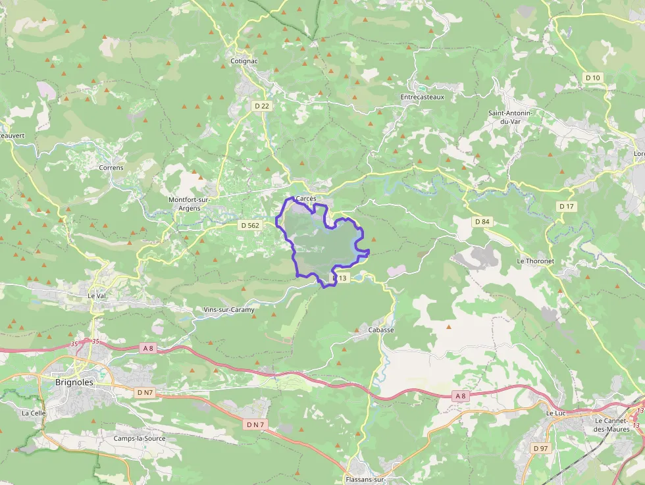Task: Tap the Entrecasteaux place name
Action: pyautogui.click(x=423, y=97)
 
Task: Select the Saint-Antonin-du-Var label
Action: pyautogui.click(x=510, y=117)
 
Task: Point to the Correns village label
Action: pyautogui.click(x=111, y=168)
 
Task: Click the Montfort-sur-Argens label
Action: pyautogui.click(x=189, y=204)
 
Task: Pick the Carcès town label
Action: pyautogui.click(x=307, y=198)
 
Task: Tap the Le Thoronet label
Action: pyautogui.click(x=535, y=261)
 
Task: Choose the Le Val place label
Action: pyautogui.click(x=96, y=296)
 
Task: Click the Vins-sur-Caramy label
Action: pyautogui.click(x=229, y=309)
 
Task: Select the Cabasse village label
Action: pyautogui.click(x=381, y=330)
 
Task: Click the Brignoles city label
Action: pyautogui.click(x=74, y=382)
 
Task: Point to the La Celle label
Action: pyautogui.click(x=33, y=413)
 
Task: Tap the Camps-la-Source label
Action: pyautogui.click(x=140, y=438)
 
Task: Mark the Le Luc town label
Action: pyautogui.click(x=556, y=413)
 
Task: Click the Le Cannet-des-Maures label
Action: pyautogui.click(x=612, y=424)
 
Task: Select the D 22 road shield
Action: pyautogui.click(x=262, y=106)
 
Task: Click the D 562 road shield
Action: pyautogui.click(x=250, y=225)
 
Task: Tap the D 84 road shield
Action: pyautogui.click(x=482, y=222)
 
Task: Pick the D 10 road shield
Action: pyautogui.click(x=593, y=78)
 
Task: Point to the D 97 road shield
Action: pyautogui.click(x=540, y=448)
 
